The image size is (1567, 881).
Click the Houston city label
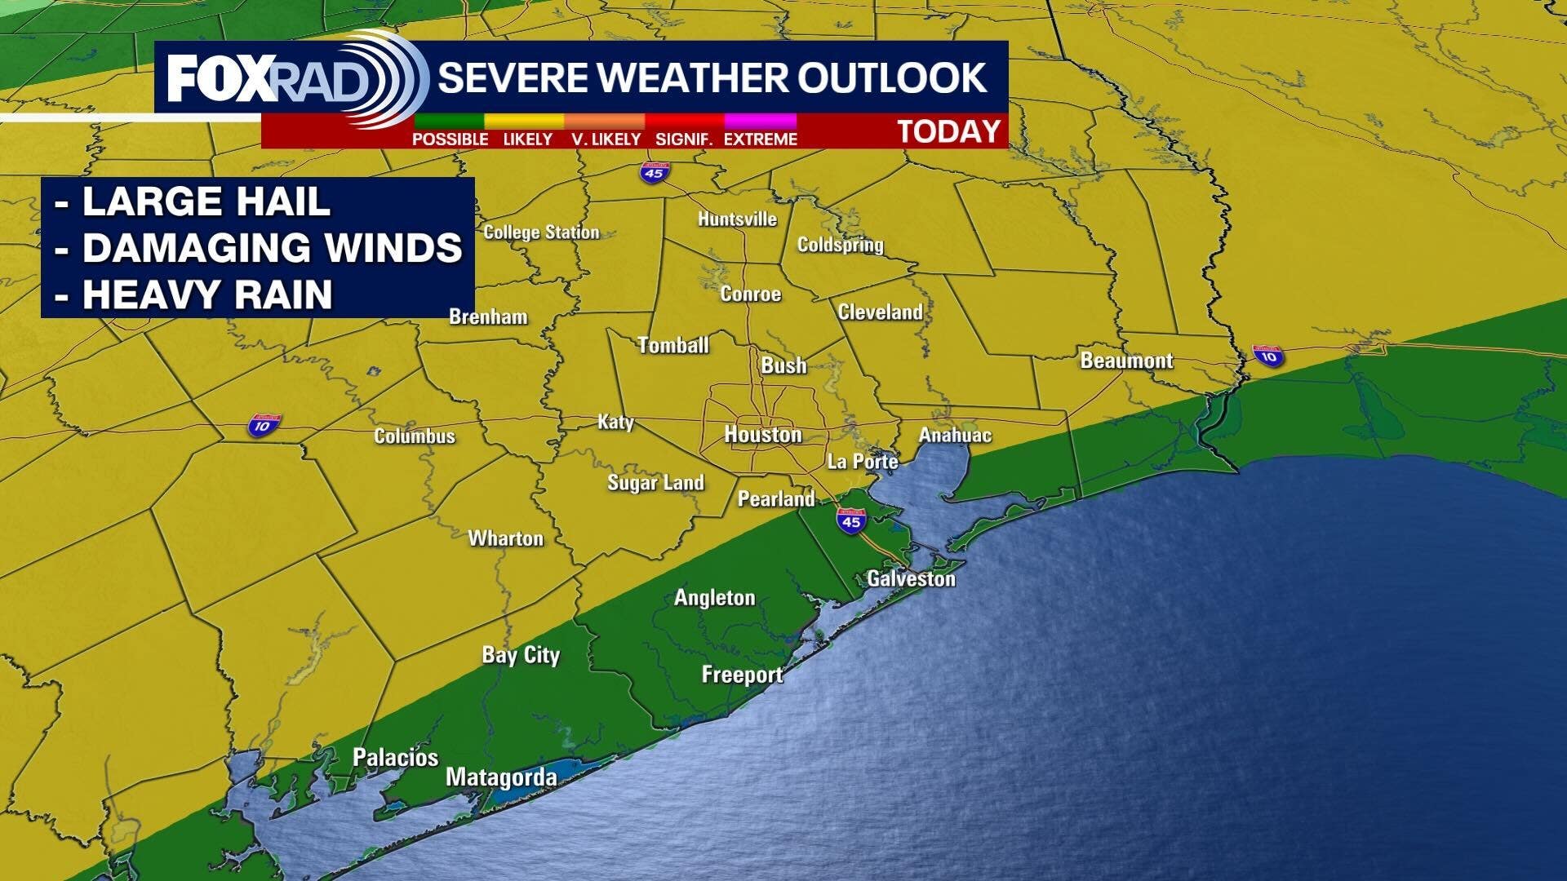click(763, 435)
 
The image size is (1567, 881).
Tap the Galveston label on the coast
click(911, 579)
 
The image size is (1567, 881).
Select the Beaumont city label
click(1126, 361)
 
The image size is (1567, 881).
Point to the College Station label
click(541, 232)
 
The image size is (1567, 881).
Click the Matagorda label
click(501, 777)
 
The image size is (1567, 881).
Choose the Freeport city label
click(742, 675)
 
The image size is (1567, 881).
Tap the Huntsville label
click(737, 219)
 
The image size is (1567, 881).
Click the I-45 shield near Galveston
click(851, 520)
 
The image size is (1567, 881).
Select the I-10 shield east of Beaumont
click(1268, 356)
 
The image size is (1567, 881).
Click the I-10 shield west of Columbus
click(264, 425)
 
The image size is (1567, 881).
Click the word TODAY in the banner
click(949, 131)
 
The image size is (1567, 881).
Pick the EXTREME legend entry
click(760, 139)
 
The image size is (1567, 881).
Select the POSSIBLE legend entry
click(450, 139)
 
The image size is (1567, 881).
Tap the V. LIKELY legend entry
click(606, 139)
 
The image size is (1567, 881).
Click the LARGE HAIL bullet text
click(206, 201)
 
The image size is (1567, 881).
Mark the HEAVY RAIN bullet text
click(207, 294)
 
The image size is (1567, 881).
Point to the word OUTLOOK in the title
click(892, 77)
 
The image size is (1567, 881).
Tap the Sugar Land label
click(655, 483)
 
